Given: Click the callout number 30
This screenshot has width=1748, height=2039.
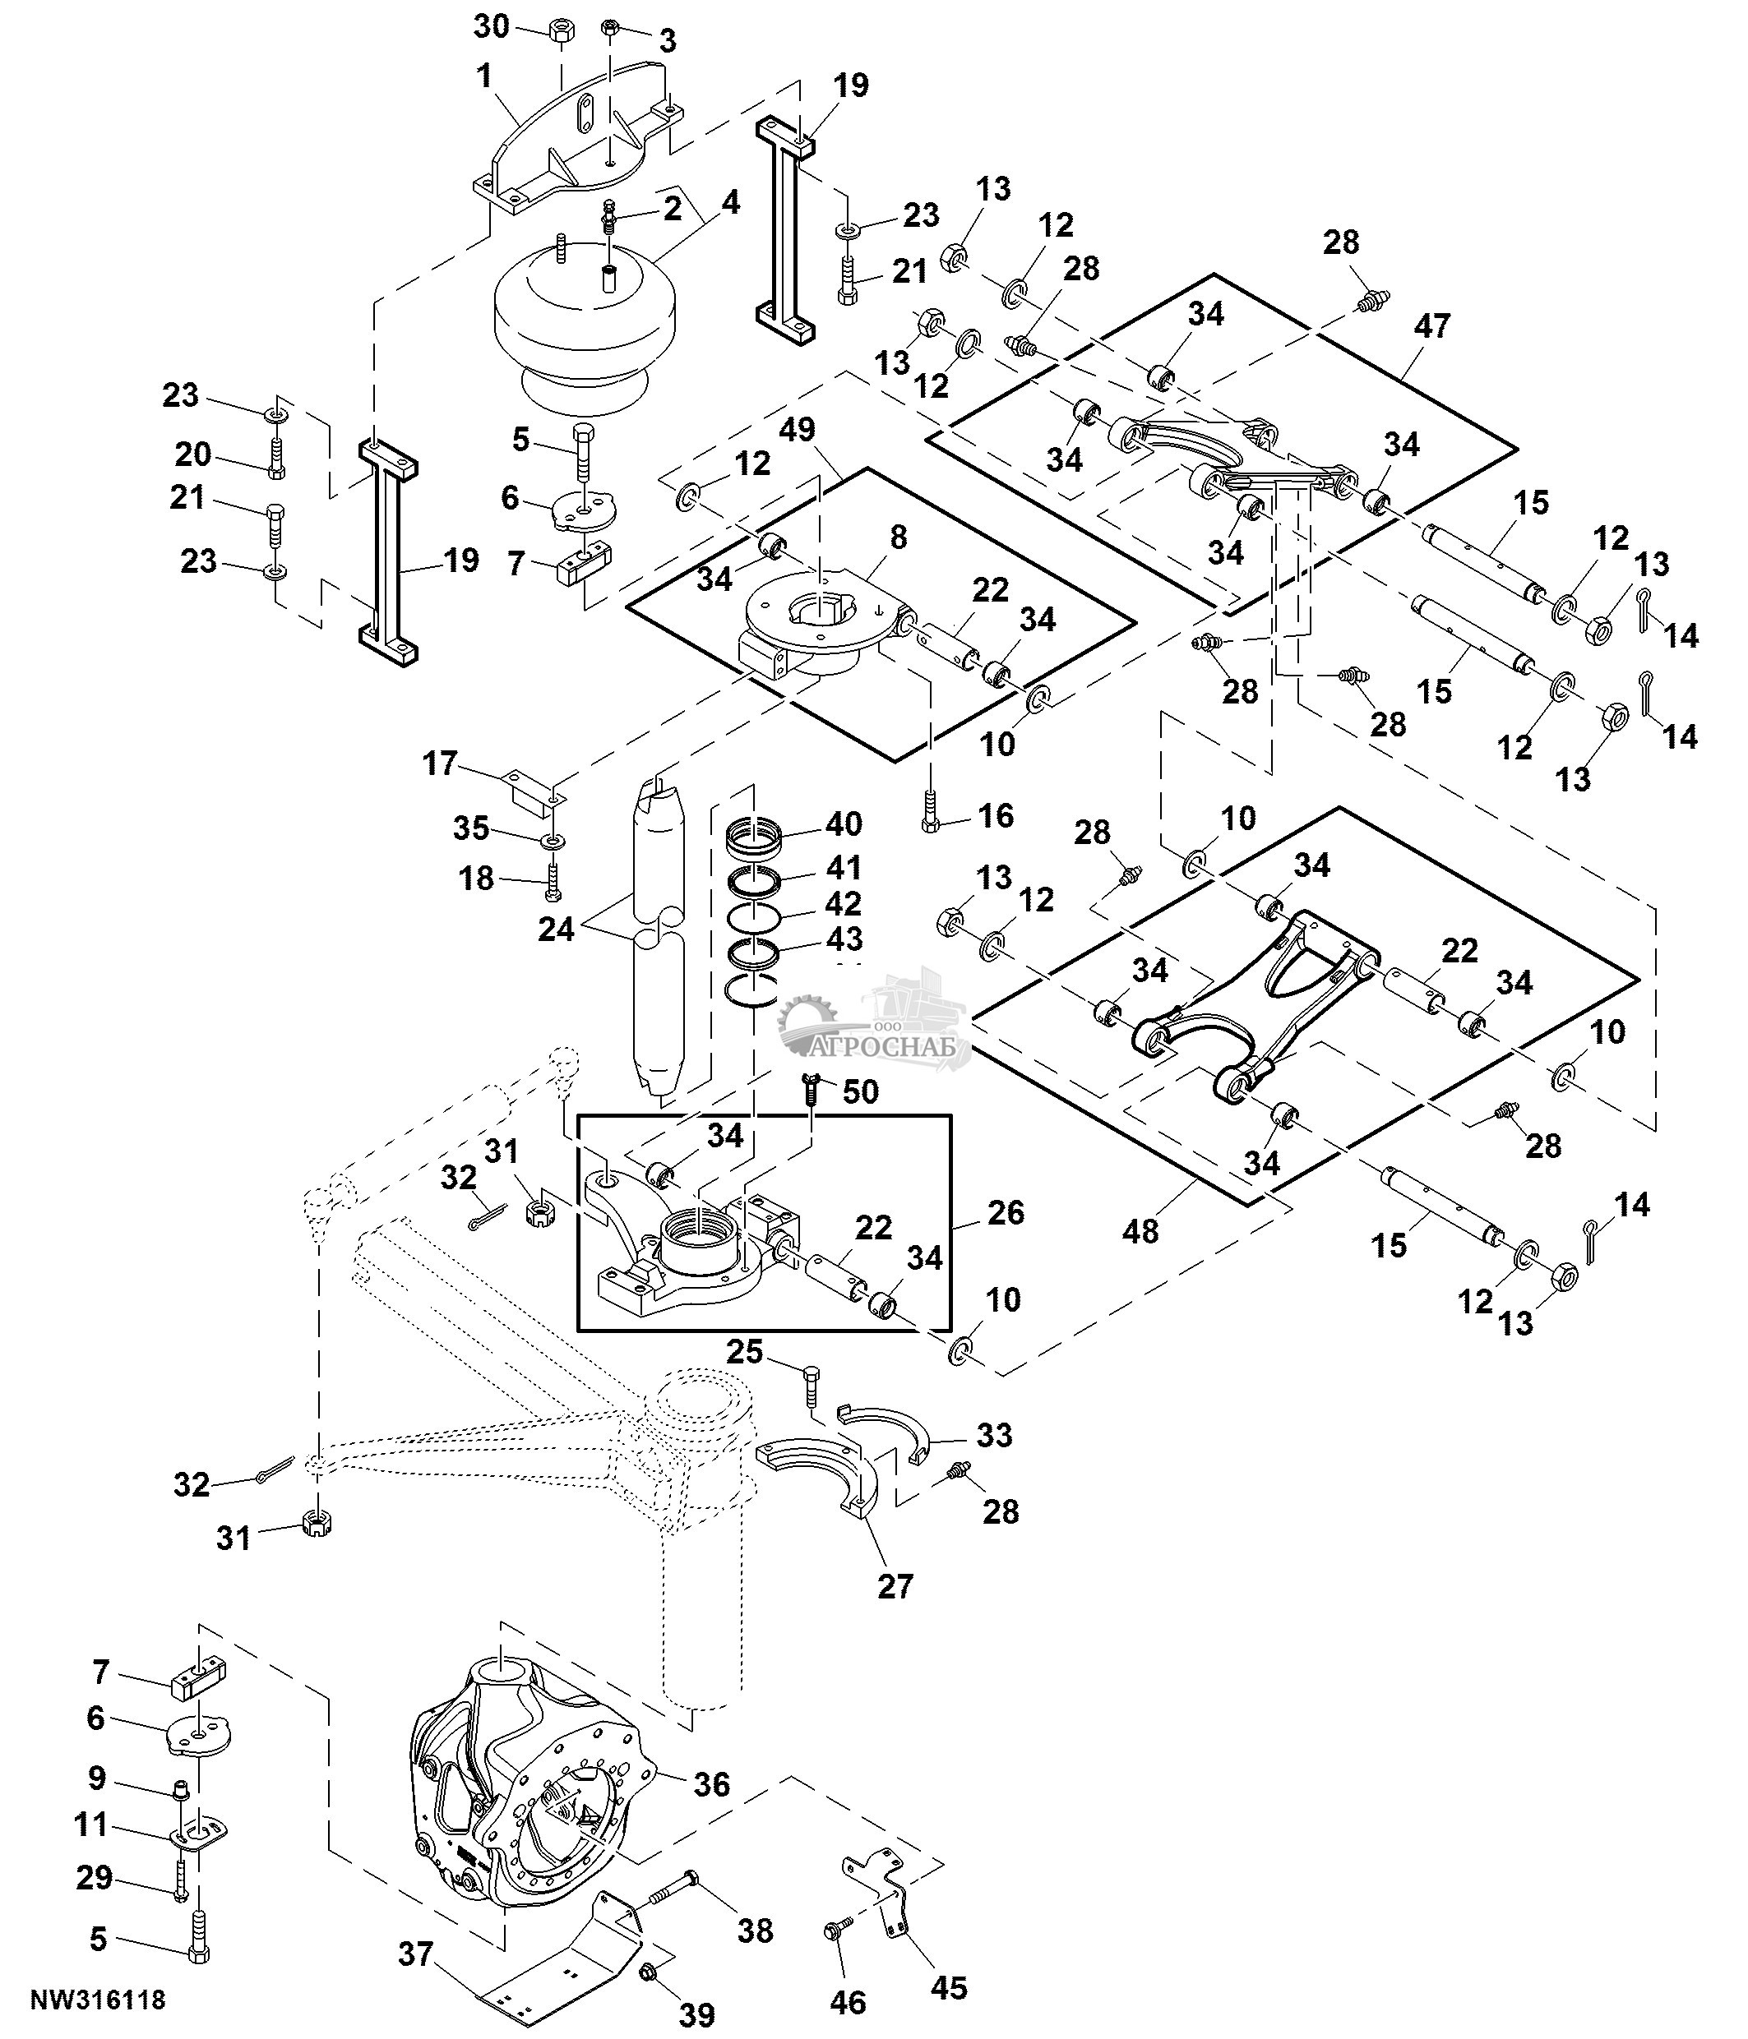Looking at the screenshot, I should [492, 26].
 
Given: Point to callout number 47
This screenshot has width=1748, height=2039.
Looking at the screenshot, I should [1432, 325].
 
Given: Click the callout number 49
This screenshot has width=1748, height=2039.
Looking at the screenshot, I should [798, 430].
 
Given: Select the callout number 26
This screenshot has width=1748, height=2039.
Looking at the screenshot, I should [1006, 1212].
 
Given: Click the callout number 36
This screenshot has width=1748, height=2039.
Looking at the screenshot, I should [711, 1784].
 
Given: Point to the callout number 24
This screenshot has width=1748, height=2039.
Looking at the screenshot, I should [555, 928].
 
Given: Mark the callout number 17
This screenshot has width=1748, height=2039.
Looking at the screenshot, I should [440, 763].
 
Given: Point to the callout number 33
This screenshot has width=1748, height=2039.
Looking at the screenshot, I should [994, 1435].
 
